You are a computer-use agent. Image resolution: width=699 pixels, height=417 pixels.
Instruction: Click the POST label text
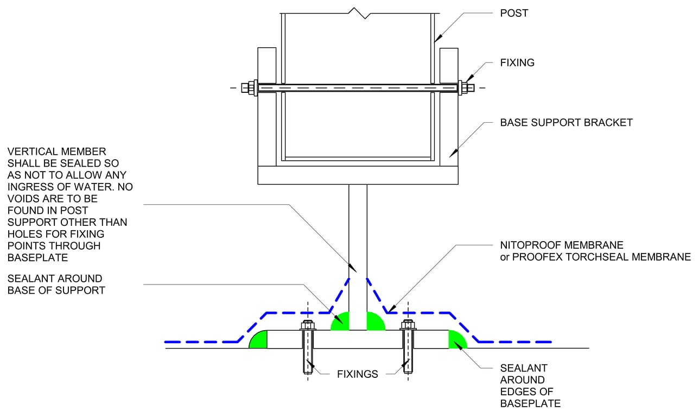(x=513, y=13)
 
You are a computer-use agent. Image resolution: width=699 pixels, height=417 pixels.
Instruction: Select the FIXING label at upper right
(x=517, y=62)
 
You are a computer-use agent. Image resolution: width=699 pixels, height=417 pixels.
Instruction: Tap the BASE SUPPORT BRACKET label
(x=566, y=123)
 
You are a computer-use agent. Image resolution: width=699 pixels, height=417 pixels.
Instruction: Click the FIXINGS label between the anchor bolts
(x=357, y=374)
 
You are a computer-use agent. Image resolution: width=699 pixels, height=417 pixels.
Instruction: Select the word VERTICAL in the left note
(x=31, y=151)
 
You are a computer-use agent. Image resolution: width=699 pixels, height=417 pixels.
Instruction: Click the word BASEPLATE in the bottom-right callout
(x=530, y=403)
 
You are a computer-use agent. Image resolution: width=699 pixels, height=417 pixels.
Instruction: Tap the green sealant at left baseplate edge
(x=259, y=340)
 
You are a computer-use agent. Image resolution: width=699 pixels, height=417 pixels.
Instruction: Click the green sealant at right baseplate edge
(x=456, y=340)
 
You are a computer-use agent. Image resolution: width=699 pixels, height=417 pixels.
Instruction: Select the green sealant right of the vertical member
(x=375, y=322)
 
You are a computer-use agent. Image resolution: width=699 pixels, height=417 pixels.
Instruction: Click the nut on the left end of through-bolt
(x=252, y=88)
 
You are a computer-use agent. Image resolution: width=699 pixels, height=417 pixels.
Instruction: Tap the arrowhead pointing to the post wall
(x=438, y=37)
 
